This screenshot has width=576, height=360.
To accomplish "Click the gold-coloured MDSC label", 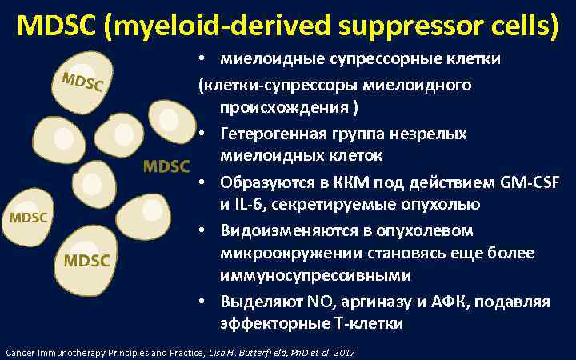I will click(x=166, y=166).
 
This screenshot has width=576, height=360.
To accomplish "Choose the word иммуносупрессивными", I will click(x=316, y=276).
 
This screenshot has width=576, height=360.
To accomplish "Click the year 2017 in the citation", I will click(x=344, y=352).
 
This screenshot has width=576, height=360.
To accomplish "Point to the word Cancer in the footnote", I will click(x=20, y=352).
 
